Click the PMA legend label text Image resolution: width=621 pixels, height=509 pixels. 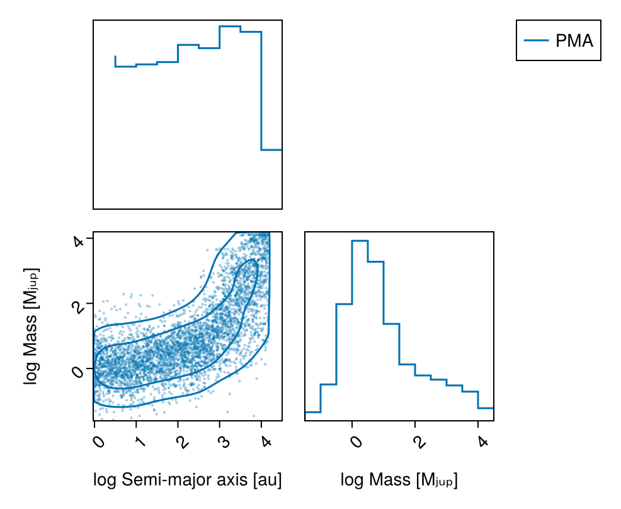[574, 42]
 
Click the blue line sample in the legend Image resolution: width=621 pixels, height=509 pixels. [537, 42]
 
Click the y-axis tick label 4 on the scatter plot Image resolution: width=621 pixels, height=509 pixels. [78, 242]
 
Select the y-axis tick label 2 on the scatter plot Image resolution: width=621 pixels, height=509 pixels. [78, 307]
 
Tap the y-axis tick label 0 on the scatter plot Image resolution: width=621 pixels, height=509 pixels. [78, 372]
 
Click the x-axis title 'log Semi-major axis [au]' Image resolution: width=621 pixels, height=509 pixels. [187, 481]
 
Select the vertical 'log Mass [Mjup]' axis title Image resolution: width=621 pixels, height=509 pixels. [30, 326]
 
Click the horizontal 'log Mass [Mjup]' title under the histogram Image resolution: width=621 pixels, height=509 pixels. [399, 481]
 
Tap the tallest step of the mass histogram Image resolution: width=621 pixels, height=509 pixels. [360, 241]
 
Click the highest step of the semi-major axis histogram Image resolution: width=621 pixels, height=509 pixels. [230, 26]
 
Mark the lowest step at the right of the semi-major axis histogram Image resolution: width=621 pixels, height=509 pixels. [271, 150]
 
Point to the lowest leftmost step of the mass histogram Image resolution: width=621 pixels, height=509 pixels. [312, 412]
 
